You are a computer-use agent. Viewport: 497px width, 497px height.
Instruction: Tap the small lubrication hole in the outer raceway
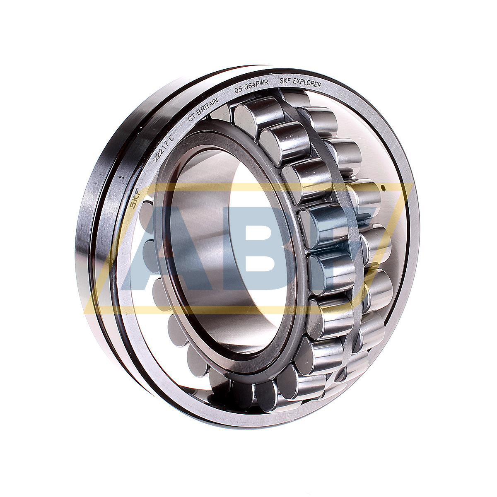[x=383, y=189]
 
